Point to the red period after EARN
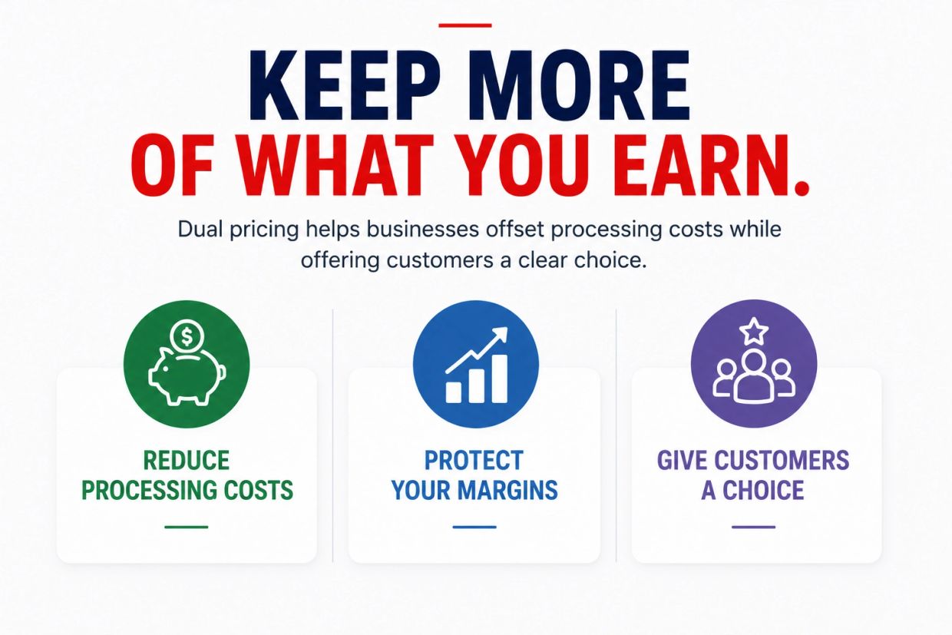[801, 187]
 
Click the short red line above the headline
[465, 25]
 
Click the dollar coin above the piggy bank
[187, 336]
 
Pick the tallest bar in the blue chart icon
[499, 379]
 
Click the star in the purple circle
[753, 331]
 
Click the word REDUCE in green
[186, 460]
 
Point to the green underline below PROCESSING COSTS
[186, 527]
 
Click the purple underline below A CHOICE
[753, 527]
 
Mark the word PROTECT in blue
[474, 460]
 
